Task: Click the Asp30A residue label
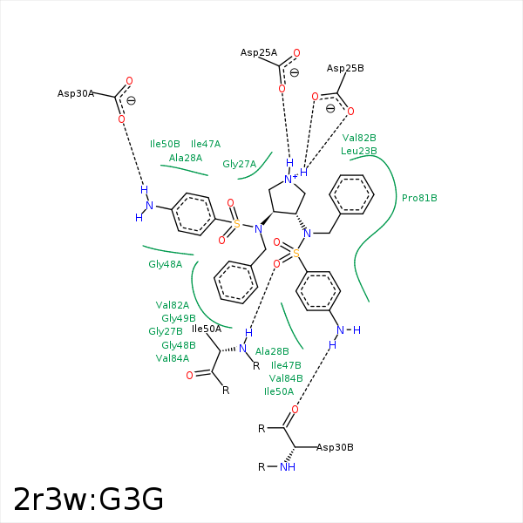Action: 76,93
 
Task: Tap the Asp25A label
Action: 259,53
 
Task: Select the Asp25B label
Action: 345,68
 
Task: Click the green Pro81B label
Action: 419,198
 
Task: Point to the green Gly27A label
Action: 239,164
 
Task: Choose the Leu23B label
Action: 358,151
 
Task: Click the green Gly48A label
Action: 165,264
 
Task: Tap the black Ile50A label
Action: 207,329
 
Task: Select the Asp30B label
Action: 335,447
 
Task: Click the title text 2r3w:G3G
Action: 88,499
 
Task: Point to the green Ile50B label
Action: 165,144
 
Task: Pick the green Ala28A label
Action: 186,158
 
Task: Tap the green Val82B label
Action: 359,138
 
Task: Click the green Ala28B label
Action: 272,351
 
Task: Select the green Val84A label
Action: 173,358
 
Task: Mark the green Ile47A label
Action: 206,144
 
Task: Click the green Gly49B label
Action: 179,318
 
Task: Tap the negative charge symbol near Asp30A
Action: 131,100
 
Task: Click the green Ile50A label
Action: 279,391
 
